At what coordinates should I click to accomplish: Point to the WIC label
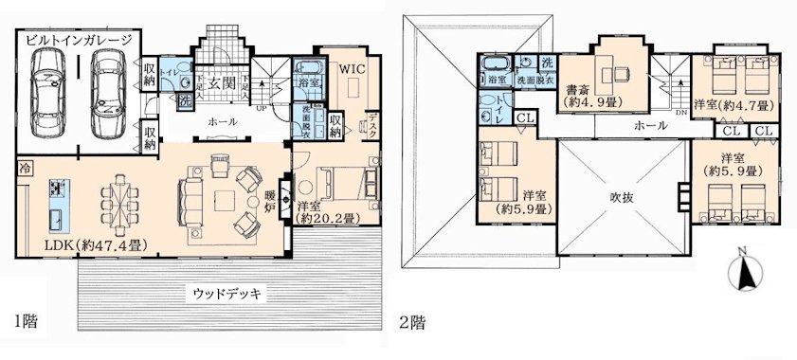pyautogui.click(x=353, y=69)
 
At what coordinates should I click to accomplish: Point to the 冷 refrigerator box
pyautogui.click(x=23, y=169)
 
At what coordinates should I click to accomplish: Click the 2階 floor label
pyautogui.click(x=419, y=318)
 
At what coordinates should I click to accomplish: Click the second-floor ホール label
pyautogui.click(x=650, y=126)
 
